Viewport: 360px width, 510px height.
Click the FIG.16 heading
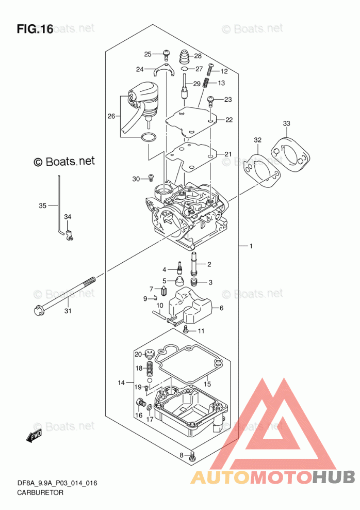35,29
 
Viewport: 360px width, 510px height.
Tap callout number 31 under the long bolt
68,311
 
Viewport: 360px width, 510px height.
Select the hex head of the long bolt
38,310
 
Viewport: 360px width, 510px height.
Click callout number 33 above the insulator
286,123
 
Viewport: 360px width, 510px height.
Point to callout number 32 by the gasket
257,140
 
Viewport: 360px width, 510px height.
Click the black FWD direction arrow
34,435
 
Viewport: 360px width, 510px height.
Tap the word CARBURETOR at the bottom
40,492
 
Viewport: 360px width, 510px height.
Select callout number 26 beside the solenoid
111,116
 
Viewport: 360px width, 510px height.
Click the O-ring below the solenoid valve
148,138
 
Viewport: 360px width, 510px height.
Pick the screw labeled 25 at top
167,54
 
